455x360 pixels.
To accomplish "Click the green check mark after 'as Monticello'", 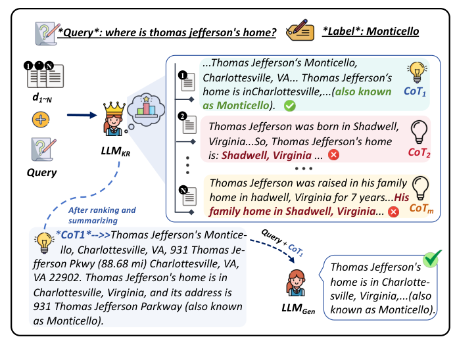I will click(290, 105).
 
